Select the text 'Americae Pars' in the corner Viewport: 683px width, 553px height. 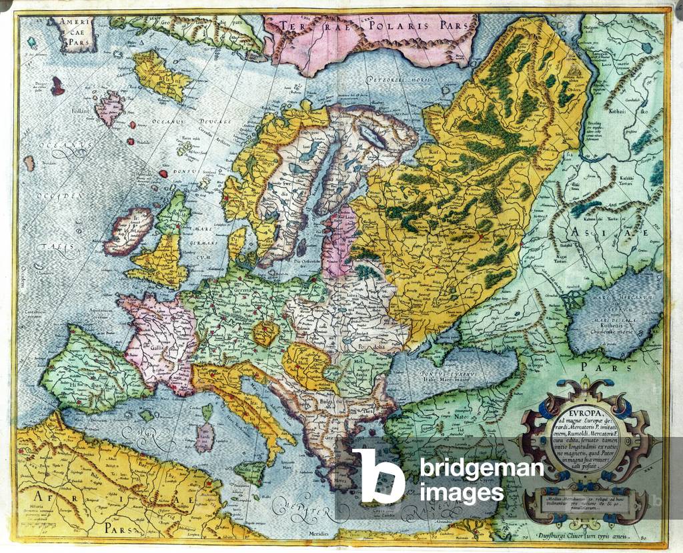(x=74, y=33)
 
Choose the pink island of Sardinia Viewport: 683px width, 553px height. (x=205, y=437)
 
